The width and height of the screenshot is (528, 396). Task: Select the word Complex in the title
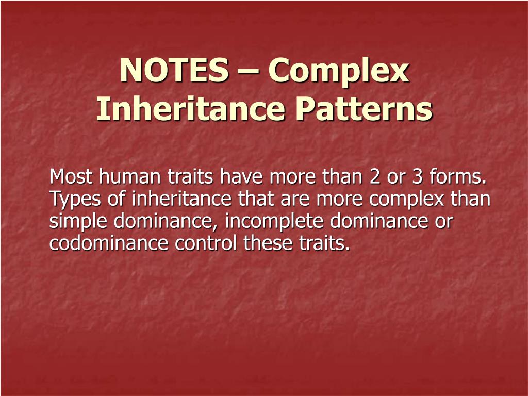(x=338, y=72)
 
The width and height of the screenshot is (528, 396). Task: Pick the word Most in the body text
(x=71, y=177)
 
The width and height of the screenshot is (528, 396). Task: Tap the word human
(x=129, y=177)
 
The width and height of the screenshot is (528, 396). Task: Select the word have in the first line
(x=241, y=177)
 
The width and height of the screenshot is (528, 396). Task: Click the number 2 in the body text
(x=374, y=177)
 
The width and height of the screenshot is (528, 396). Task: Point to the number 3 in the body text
(x=417, y=177)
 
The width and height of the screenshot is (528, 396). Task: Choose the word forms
(x=458, y=177)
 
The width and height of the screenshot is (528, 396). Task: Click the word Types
(x=75, y=200)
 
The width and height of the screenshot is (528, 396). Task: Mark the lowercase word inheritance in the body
(x=181, y=199)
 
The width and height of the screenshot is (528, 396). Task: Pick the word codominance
(x=109, y=243)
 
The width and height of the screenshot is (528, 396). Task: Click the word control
(x=206, y=243)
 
